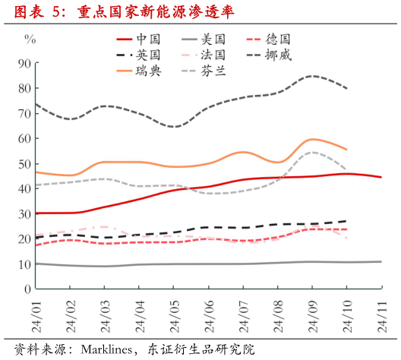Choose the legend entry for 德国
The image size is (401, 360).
(x=279, y=39)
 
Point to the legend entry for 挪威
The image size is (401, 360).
(x=279, y=55)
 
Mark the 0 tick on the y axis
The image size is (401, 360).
(x=27, y=289)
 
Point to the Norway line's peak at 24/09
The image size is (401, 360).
(x=313, y=76)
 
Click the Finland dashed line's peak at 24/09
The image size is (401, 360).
(x=313, y=152)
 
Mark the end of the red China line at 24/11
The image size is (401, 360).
(x=380, y=177)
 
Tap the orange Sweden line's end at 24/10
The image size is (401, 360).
(x=347, y=150)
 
